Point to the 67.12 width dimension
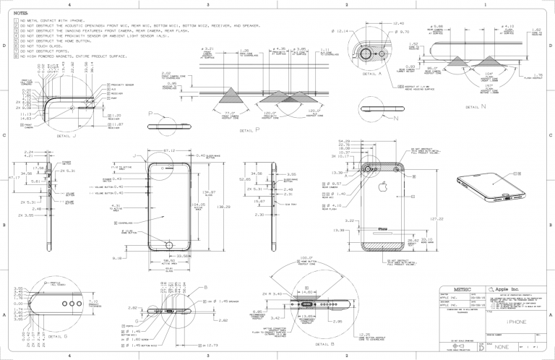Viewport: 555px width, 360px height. (171, 151)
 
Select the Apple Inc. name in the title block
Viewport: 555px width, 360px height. (512, 288)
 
